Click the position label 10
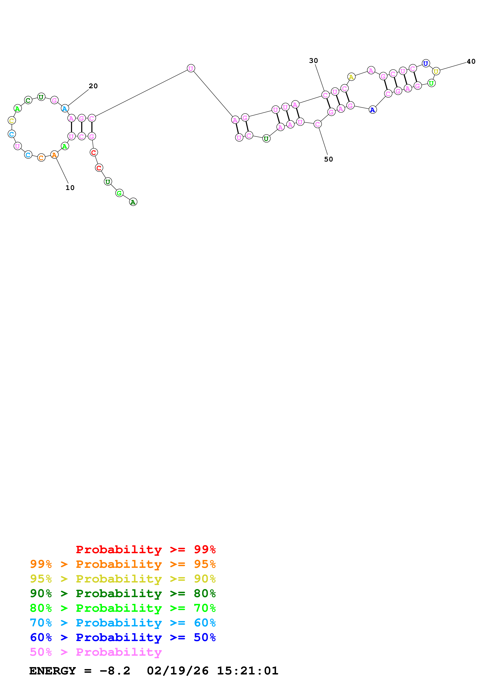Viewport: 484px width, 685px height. pos(70,188)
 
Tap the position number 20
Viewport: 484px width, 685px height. pos(93,86)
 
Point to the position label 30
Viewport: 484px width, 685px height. pos(313,61)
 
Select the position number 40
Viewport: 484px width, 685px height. pos(471,62)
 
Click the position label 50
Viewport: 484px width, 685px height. pos(328,159)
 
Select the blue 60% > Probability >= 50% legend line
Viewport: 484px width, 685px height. pos(123,638)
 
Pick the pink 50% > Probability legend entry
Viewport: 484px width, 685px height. pos(96,652)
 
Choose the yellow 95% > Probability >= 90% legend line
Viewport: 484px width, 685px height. pos(123,579)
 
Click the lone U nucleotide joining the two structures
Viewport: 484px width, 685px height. pos(191,68)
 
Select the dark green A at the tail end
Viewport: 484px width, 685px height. pos(133,202)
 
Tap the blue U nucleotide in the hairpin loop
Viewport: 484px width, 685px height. pos(426,63)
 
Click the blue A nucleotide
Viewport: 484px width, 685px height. pos(373,110)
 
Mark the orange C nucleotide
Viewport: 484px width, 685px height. pos(41,158)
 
